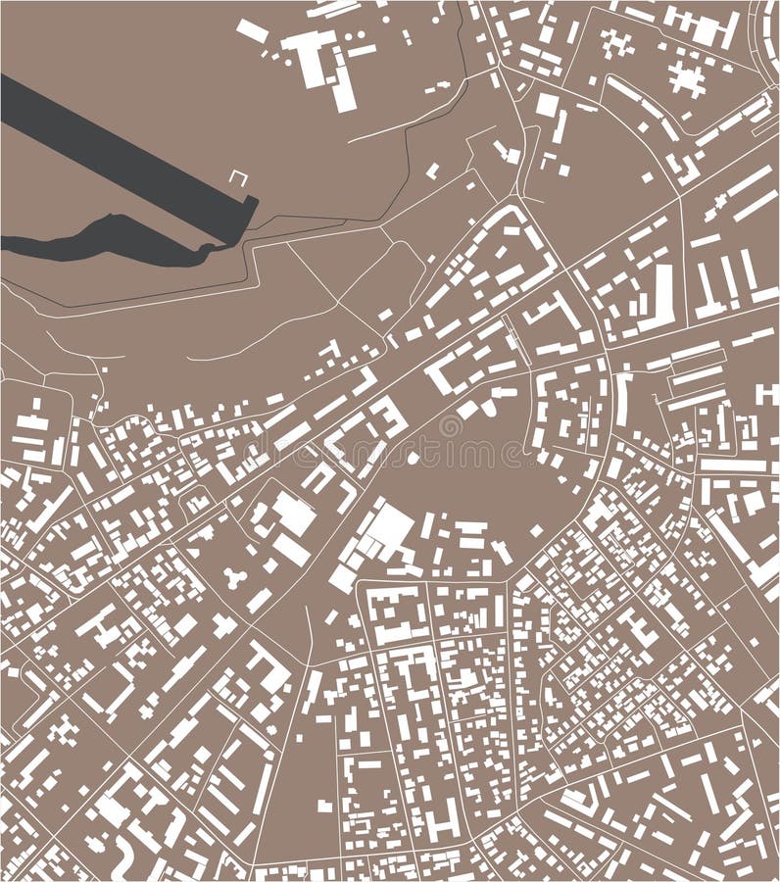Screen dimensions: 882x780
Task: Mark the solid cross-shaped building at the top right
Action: tap(688, 78)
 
